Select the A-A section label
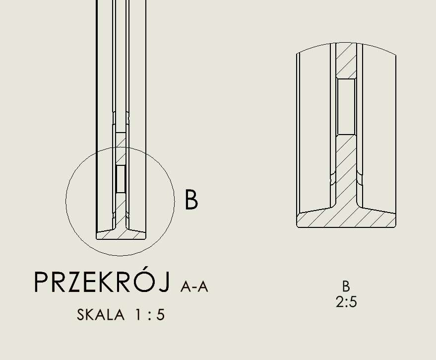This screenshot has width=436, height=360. [194, 287]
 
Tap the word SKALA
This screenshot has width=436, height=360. [101, 315]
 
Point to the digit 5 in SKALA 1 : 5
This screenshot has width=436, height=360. [160, 315]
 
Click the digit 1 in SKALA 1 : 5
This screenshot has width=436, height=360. [138, 315]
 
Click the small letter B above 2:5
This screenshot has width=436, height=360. [346, 286]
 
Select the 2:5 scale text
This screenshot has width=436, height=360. [346, 302]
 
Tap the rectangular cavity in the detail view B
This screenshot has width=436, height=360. [346, 107]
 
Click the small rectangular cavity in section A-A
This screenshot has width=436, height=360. [121, 179]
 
